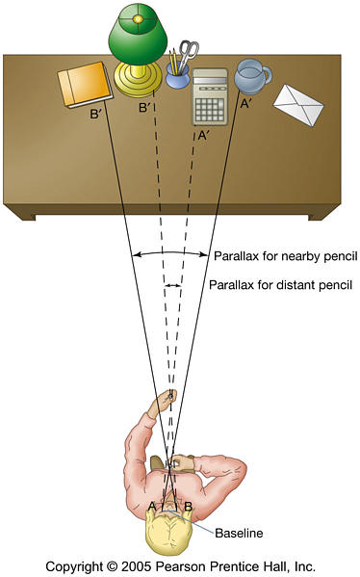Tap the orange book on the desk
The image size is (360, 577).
[x=86, y=85]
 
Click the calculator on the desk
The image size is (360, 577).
[x=210, y=96]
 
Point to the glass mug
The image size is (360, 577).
[x=252, y=75]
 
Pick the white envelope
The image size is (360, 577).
[x=298, y=105]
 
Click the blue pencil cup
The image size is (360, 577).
[x=177, y=76]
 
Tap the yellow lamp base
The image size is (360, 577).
[x=138, y=79]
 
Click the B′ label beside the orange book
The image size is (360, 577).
[x=95, y=114]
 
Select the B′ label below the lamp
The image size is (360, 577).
[x=145, y=108]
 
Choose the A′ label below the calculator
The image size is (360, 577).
[x=203, y=136]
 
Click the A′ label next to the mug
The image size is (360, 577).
[x=245, y=104]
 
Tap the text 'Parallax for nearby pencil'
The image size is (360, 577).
[x=285, y=256]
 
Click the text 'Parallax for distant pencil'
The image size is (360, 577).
[x=280, y=284]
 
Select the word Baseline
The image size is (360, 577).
[x=239, y=533]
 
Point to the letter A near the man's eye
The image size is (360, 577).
[x=151, y=507]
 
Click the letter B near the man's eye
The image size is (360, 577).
[x=188, y=507]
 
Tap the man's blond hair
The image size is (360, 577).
[x=169, y=532]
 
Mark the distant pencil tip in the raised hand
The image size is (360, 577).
[x=170, y=396]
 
